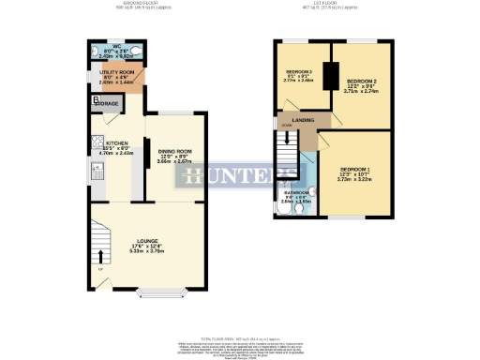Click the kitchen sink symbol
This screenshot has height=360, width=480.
coord(97,171)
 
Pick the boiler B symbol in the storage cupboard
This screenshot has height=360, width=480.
coord(96,99)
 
